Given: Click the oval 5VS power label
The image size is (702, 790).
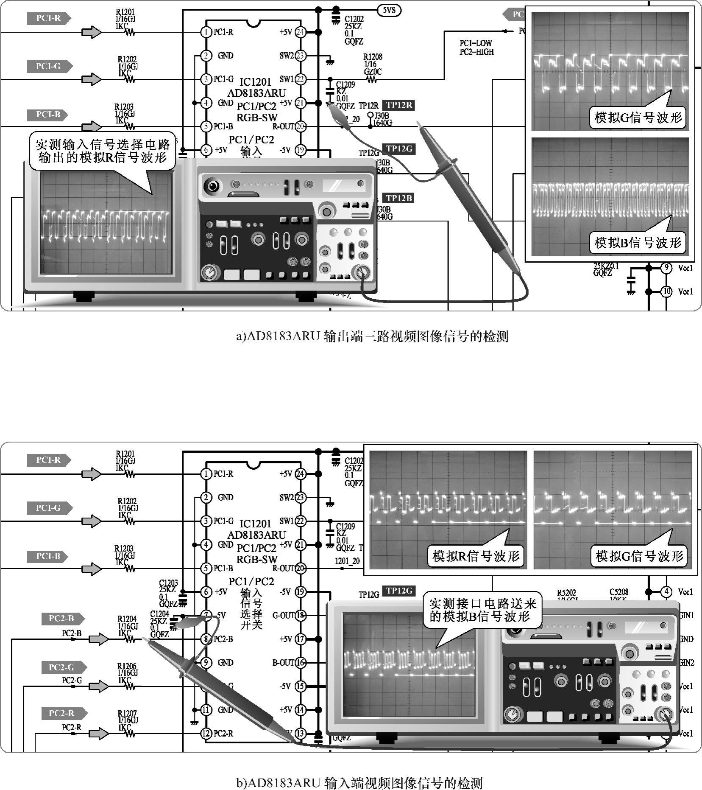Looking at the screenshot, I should pos(389,10).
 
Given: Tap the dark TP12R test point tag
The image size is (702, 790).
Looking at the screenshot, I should pos(398,105).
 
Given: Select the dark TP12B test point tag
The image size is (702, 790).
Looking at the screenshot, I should pos(398,198).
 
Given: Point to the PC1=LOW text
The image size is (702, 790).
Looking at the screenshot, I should pos(476,43).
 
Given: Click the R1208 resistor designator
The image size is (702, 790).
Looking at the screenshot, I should pos(373,57).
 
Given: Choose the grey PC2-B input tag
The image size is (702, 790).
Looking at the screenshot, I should pos(62,619).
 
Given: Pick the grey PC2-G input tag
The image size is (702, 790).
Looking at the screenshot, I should pos(62,667).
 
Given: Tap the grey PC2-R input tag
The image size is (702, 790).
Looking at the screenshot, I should pos(62,713).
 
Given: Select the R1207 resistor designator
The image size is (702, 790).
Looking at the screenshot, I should pos(127,714).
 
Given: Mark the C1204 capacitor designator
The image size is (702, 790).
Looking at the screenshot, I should pos(159,614).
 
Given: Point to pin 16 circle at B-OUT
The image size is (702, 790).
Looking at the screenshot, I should pos(300,663).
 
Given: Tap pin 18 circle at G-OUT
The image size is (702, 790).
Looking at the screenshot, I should pos(300,615).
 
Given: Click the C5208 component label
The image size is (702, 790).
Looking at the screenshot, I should pos(619,592).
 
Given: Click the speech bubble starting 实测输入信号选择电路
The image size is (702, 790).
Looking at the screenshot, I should pos(103,151).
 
